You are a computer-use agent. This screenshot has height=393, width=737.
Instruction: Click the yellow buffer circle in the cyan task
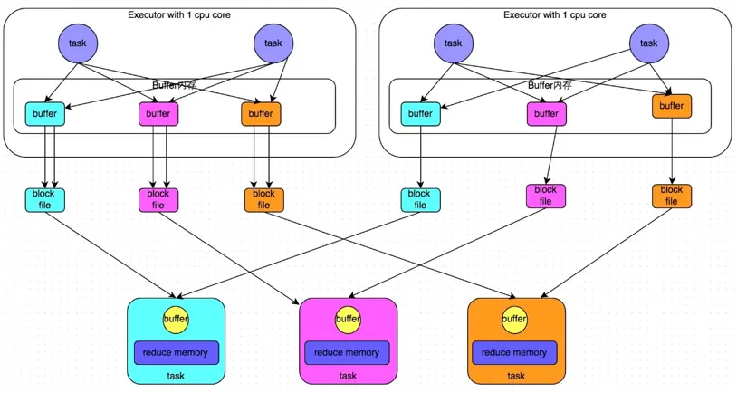176,319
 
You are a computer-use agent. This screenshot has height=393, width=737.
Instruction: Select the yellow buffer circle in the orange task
514,319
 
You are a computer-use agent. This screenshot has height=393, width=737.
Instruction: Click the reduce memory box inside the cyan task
176,352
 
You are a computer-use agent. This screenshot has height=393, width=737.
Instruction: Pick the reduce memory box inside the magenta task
348,352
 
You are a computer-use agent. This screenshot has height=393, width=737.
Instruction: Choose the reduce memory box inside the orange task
514,352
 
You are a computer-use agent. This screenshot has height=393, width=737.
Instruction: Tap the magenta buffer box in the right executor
546,114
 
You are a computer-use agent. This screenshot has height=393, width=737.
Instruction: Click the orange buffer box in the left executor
261,114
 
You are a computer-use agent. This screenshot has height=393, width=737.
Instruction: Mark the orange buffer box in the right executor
671,106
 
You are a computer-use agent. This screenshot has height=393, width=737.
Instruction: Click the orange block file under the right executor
671,196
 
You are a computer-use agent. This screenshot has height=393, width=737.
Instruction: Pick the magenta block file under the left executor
158,199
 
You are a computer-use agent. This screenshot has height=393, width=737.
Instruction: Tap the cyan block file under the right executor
419,199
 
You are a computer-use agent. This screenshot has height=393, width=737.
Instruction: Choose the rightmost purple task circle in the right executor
648,43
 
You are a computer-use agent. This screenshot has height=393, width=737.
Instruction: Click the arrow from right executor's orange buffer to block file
671,151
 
